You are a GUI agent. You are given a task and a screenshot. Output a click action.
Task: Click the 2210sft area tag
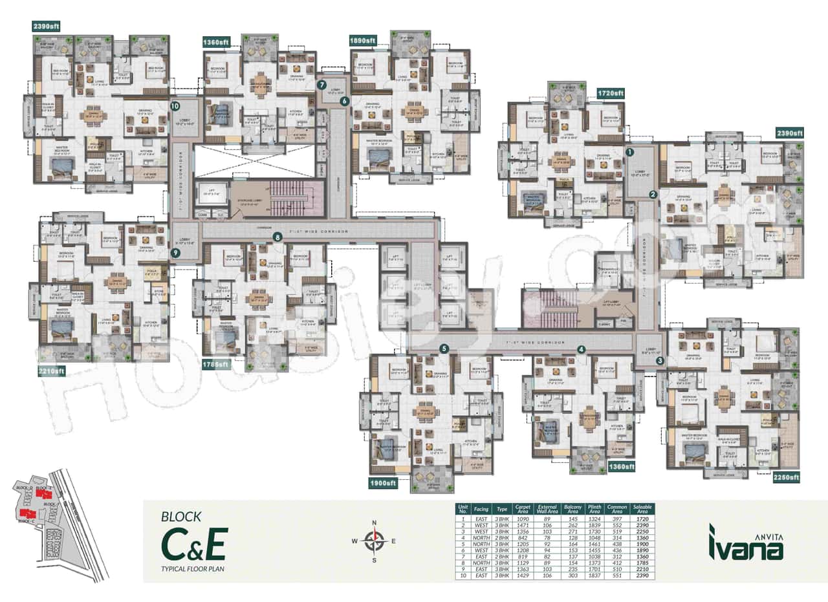click(51, 371)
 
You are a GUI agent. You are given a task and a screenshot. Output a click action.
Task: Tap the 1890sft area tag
click(362, 40)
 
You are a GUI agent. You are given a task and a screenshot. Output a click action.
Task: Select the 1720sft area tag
click(610, 93)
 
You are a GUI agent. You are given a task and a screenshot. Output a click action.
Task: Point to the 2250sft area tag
click(786, 477)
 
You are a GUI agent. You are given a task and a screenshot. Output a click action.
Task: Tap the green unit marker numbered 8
click(278, 237)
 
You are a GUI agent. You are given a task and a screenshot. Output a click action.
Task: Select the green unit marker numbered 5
click(444, 349)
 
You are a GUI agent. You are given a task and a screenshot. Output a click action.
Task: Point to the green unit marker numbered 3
click(660, 361)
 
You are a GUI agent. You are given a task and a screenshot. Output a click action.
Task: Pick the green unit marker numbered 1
click(629, 153)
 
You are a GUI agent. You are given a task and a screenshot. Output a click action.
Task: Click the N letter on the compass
click(374, 522)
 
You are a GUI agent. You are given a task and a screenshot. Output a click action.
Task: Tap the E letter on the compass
click(393, 541)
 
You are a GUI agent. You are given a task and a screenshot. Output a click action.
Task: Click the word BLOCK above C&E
click(181, 517)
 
